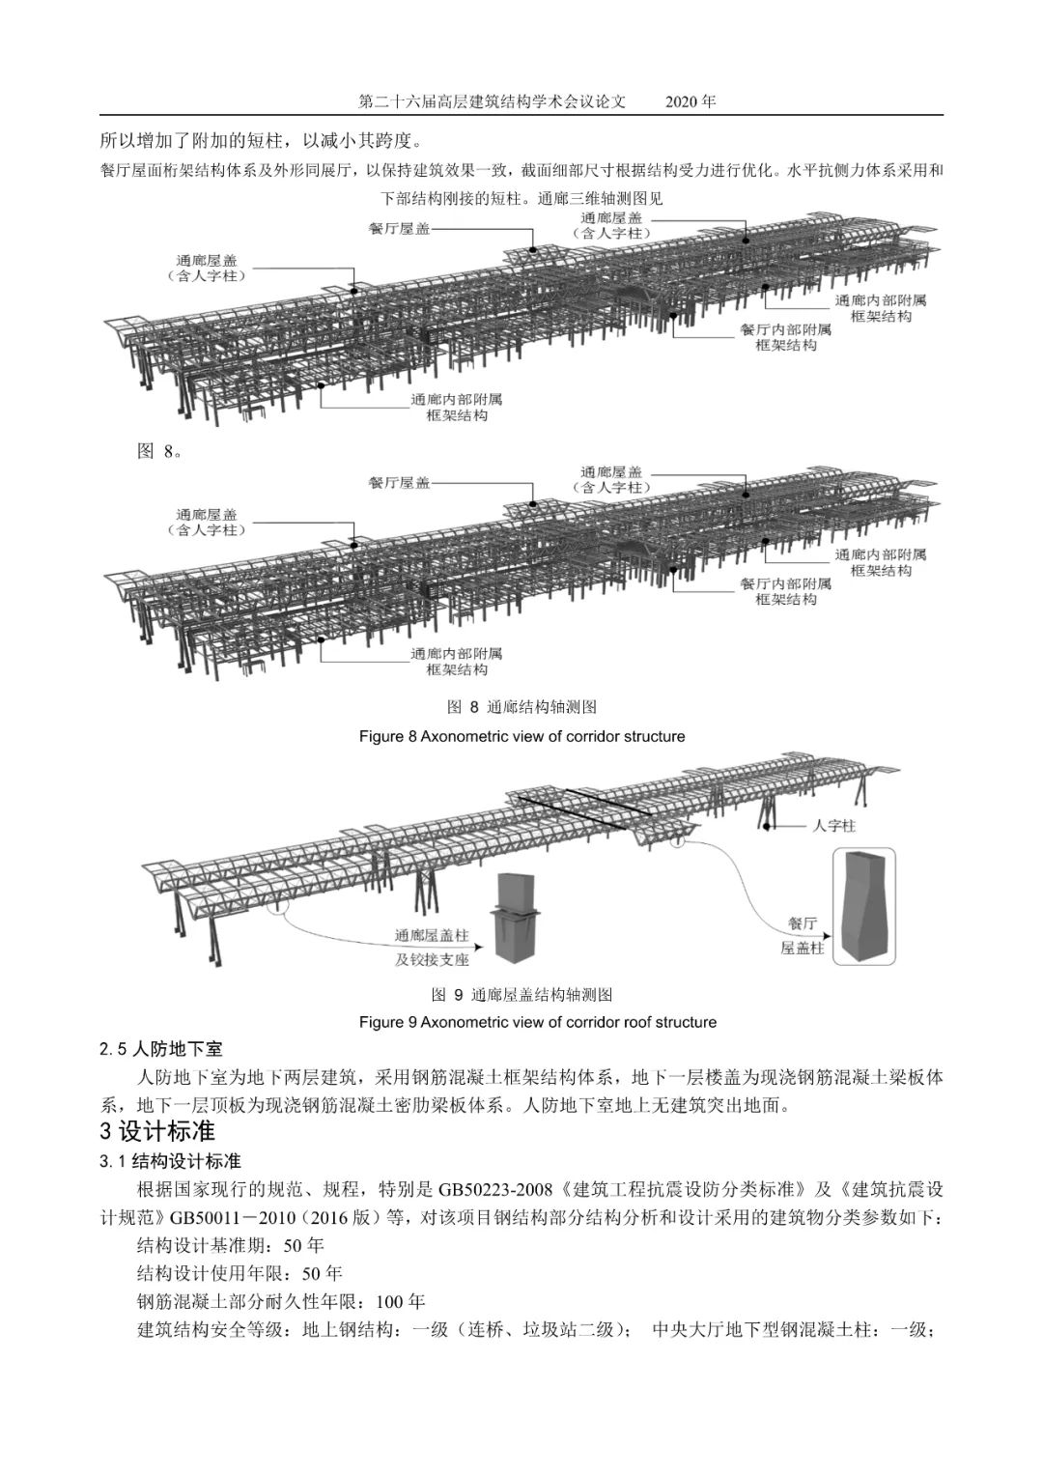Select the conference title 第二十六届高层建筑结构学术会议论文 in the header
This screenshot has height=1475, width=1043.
493,101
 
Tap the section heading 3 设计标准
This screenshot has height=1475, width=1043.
157,1131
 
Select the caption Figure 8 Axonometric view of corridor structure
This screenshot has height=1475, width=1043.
521,736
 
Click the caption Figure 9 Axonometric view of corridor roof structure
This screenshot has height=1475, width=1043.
537,1022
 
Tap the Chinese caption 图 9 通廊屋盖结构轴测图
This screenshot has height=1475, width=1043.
521,995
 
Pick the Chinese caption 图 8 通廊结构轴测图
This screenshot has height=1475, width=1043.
521,708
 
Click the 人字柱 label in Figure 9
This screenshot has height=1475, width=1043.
834,826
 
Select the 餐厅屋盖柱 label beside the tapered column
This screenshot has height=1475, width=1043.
802,935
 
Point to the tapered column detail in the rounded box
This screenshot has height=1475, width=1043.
864,906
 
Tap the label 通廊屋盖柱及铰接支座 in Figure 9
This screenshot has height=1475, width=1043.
431,948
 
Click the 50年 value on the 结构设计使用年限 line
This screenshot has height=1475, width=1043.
323,1273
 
